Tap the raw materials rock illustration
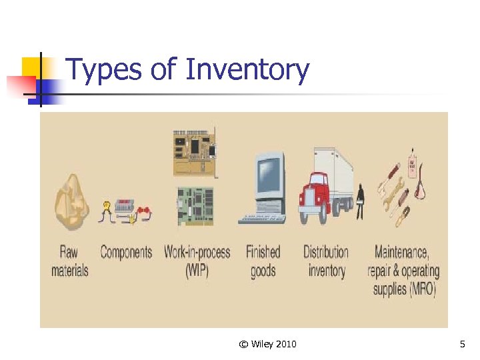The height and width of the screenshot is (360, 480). (70, 200)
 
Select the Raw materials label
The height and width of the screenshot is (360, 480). (69, 261)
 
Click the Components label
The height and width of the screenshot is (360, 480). (126, 252)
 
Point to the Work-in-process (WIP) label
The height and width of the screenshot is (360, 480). (197, 261)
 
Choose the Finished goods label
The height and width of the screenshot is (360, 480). (263, 261)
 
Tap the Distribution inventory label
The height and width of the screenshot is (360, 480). (326, 261)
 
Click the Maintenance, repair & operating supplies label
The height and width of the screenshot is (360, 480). (403, 271)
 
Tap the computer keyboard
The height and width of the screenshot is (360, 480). (262, 218)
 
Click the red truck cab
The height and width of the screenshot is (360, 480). (315, 193)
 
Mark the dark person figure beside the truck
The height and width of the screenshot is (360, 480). (360, 201)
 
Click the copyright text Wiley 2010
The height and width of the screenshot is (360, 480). (267, 344)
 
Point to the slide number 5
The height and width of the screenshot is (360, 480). (462, 344)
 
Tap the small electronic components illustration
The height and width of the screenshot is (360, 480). (126, 211)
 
